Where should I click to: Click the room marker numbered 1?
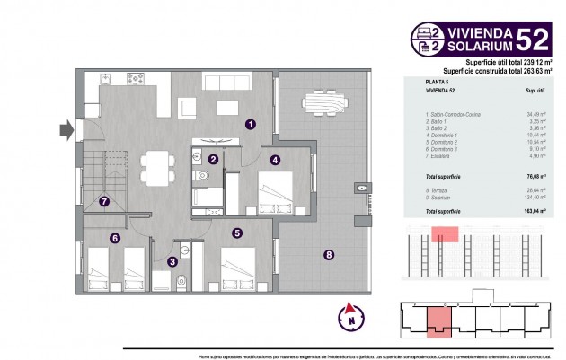tap(251, 126)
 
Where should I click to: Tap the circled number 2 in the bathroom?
tap(213, 160)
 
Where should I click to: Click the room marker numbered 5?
tap(236, 233)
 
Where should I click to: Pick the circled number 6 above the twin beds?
tap(114, 238)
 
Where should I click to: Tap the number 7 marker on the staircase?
tap(105, 201)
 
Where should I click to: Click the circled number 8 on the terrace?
tap(329, 255)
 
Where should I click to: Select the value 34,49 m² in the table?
tap(537, 114)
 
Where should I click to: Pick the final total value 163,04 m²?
tap(535, 210)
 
